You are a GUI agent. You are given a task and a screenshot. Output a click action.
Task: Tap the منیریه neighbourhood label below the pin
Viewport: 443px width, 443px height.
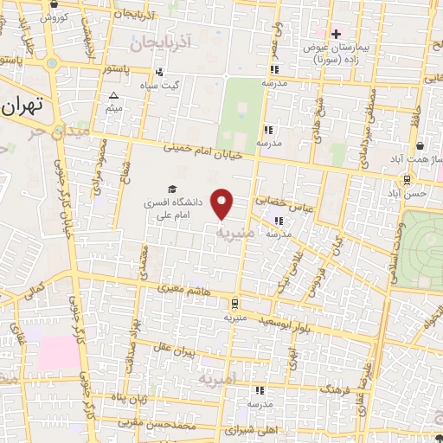coord(235,233)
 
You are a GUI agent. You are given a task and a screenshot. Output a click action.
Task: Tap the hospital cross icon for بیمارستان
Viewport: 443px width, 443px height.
coord(337,34)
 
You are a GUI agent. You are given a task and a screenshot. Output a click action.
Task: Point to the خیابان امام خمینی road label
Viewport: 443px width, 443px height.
coord(203,149)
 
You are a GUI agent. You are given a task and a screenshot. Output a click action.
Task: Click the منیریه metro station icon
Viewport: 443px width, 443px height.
coord(234,303)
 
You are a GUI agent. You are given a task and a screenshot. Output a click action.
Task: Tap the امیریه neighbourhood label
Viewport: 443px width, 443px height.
coord(216,379)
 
